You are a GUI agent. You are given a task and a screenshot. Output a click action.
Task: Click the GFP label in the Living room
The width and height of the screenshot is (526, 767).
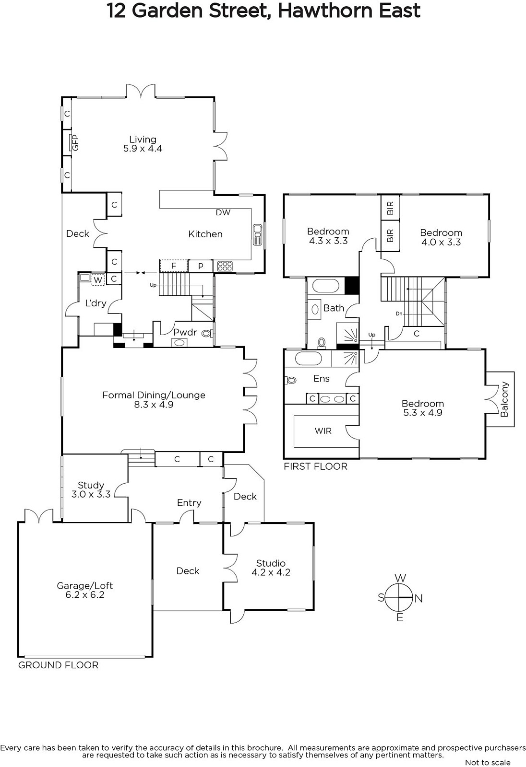(x=75, y=142)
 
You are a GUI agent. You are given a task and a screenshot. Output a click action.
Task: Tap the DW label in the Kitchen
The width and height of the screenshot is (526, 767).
(x=223, y=212)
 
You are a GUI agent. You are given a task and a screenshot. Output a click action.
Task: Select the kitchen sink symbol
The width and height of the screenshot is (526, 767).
(x=257, y=234)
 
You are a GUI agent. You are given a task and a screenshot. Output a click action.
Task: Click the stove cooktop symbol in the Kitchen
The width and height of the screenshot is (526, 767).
(x=225, y=266)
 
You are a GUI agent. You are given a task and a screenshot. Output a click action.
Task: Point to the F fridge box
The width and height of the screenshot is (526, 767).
(x=174, y=266)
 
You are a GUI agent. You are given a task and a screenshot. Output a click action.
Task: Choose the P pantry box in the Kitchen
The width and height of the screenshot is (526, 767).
(x=201, y=266)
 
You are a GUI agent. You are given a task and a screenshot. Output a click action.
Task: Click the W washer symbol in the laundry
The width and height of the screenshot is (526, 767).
(x=98, y=280)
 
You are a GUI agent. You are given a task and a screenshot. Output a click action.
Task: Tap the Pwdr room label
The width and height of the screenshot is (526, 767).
(x=185, y=332)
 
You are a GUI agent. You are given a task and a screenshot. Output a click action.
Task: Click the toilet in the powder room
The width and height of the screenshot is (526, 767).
(x=207, y=333)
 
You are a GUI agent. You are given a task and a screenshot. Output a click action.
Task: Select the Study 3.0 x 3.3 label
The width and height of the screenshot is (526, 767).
(x=91, y=489)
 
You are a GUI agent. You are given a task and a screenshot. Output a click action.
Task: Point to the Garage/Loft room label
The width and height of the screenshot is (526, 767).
(x=84, y=585)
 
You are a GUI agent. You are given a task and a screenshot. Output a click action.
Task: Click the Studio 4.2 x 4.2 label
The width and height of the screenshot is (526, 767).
(x=271, y=568)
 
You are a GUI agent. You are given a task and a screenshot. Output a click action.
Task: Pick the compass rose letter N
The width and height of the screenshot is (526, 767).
(x=418, y=598)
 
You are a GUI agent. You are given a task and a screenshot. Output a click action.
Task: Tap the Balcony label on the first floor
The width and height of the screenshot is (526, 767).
(x=504, y=399)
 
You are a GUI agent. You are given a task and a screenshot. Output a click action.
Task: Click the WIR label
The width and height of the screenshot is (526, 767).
(x=323, y=431)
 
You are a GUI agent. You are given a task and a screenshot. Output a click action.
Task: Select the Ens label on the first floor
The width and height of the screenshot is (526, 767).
(x=321, y=378)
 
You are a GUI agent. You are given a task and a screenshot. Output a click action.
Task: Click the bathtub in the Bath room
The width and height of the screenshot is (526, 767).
(x=326, y=286)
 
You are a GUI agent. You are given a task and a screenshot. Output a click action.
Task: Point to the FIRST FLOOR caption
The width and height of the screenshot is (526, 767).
(x=315, y=466)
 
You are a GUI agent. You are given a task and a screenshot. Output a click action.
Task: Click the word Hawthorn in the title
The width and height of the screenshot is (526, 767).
(x=325, y=11)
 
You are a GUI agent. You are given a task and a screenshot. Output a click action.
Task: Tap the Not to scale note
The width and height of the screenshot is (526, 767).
(x=488, y=762)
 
